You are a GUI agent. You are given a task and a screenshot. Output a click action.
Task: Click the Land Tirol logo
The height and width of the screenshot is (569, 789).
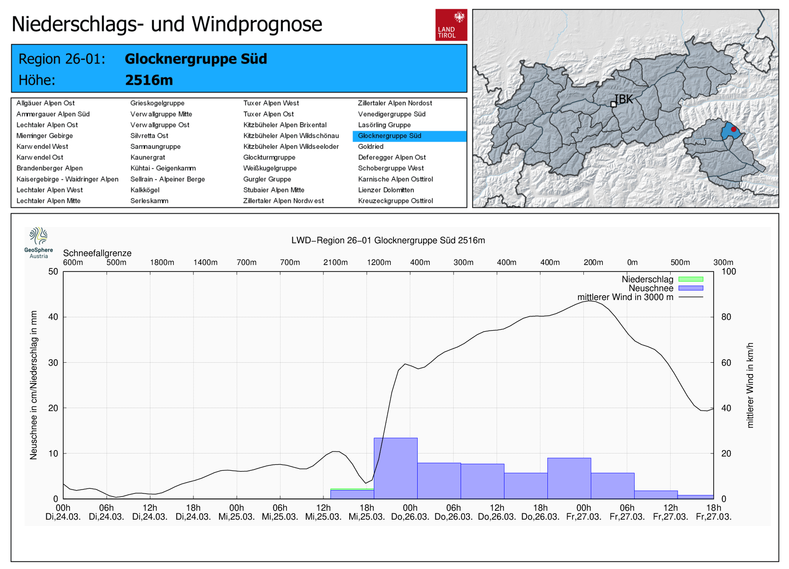tap(451, 25)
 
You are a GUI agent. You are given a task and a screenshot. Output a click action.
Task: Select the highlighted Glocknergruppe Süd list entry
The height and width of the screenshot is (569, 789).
tap(390, 136)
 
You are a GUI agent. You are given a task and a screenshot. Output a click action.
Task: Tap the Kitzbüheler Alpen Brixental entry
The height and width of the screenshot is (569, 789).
tap(285, 125)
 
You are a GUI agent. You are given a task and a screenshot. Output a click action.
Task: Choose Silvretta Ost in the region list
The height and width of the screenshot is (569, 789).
tap(149, 136)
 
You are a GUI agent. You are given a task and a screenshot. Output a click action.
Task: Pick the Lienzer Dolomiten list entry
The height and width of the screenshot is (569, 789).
tap(386, 190)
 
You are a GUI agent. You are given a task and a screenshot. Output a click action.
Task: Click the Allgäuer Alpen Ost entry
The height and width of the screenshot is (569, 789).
tap(45, 103)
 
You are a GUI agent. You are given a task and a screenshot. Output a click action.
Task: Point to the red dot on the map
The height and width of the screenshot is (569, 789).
tap(733, 129)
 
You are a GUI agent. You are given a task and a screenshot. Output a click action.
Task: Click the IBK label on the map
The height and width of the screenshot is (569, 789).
tap(624, 99)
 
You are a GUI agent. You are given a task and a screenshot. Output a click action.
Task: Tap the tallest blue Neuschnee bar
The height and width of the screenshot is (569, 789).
tap(395, 468)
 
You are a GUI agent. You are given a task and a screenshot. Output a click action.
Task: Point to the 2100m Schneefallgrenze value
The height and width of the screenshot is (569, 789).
tap(335, 263)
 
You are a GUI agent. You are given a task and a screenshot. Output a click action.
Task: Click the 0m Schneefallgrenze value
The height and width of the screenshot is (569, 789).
tap(632, 263)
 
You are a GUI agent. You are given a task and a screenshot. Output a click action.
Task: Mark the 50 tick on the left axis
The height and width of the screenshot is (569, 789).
tap(53, 271)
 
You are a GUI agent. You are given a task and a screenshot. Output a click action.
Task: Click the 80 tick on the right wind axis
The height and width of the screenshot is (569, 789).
tap(726, 317)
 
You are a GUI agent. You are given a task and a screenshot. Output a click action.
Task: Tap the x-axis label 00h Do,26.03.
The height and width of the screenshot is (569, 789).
tap(410, 512)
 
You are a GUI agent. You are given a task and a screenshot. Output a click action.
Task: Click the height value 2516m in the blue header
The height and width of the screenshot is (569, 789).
tap(149, 80)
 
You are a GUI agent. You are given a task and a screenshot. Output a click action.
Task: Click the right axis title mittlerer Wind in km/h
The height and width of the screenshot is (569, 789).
tap(750, 385)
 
